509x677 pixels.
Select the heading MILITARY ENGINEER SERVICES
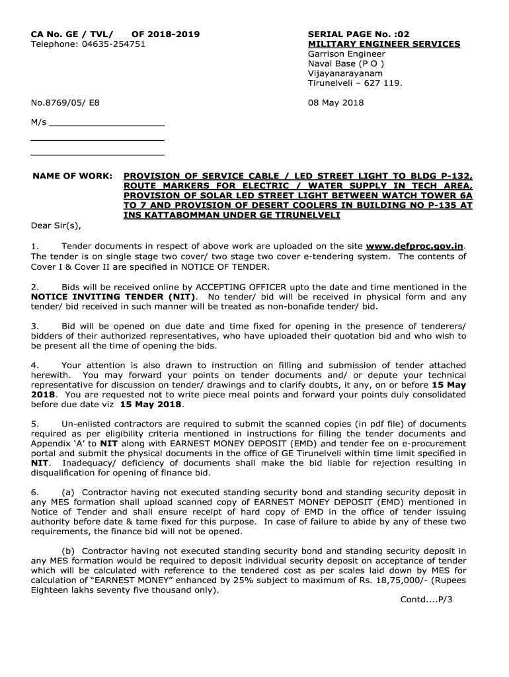[384, 44]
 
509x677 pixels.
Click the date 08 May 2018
[336, 103]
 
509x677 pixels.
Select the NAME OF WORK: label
[73, 177]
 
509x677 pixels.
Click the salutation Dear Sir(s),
[56, 226]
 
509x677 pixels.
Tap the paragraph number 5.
[34, 423]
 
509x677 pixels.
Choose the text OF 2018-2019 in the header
[165, 34]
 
